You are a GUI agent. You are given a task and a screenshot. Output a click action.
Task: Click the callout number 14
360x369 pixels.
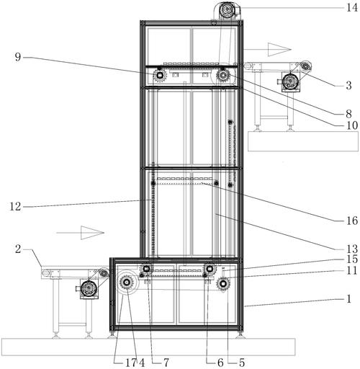click(351, 8)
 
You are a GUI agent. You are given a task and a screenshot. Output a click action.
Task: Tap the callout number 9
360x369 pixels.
click(18, 57)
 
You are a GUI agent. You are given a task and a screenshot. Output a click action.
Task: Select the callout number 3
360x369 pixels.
click(348, 86)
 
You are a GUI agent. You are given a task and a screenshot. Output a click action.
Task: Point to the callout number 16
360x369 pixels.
click(352, 221)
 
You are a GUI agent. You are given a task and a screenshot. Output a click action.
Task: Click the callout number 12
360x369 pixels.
click(15, 207)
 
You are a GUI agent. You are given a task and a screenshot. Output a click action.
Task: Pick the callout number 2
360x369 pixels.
click(18, 249)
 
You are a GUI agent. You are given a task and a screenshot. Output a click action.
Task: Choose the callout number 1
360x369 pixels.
click(349, 299)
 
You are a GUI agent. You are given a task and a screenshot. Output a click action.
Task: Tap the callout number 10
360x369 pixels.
click(352, 125)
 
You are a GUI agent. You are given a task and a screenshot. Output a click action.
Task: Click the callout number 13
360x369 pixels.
click(352, 249)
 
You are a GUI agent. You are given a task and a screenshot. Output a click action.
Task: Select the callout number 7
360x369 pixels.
click(166, 363)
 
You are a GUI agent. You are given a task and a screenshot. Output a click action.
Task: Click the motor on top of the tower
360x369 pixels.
click(227, 10)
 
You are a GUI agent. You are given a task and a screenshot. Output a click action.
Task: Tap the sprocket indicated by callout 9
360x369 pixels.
click(159, 76)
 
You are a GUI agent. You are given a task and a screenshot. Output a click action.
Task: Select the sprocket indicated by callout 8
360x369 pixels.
click(223, 76)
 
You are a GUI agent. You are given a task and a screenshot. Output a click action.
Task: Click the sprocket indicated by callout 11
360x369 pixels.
click(223, 284)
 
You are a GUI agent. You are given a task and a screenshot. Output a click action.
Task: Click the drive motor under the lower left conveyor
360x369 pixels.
click(88, 288)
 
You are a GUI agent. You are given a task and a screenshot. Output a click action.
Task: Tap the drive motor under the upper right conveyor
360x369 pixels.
click(289, 81)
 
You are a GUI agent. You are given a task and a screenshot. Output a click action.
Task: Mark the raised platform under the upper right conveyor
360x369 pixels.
click(303, 141)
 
